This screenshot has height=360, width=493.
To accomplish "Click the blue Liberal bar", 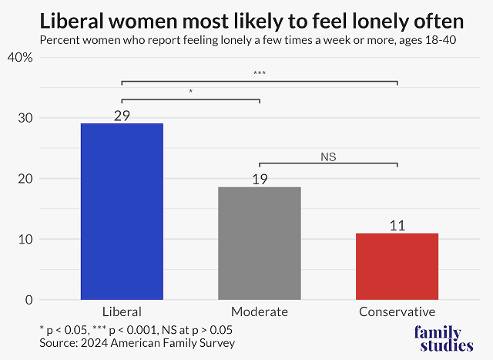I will tap(122, 211).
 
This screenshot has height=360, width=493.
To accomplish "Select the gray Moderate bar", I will tap(260, 243).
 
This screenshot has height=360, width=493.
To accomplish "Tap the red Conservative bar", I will tap(397, 266).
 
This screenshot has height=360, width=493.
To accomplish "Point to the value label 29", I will tap(122, 116).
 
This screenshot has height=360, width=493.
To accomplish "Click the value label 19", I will tap(260, 179).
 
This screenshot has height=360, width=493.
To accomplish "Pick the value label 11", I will tap(397, 226).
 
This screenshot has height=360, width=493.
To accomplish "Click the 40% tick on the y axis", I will tap(21, 57).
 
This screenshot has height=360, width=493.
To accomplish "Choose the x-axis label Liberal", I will tap(122, 312).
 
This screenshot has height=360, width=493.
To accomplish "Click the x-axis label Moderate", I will tap(260, 312).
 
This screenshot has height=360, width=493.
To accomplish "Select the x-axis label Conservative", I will tap(397, 312).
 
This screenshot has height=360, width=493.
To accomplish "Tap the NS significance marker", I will tap(329, 156).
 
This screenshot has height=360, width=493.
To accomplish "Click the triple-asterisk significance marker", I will tap(259, 74).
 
